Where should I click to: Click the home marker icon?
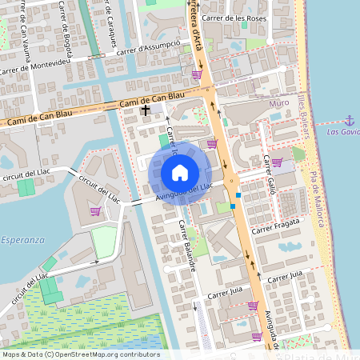[x=180, y=172]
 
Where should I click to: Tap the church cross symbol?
[x=146, y=110]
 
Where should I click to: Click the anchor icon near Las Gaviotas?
[x=349, y=120]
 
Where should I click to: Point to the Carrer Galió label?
[x=270, y=174]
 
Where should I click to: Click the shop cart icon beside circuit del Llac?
[x=95, y=211]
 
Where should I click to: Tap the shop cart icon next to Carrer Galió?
[x=276, y=162]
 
